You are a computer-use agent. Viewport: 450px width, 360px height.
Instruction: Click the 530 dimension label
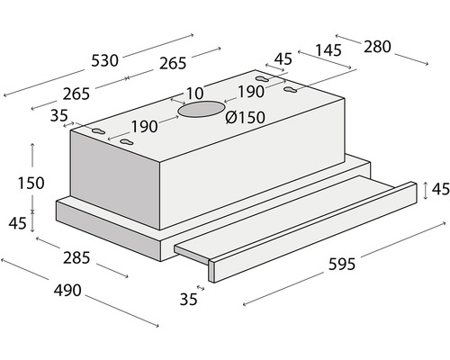click(104, 61)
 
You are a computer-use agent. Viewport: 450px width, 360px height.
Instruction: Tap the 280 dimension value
click(377, 47)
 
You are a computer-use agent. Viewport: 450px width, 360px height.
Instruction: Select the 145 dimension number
click(328, 50)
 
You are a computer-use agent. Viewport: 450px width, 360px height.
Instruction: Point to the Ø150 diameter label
click(245, 117)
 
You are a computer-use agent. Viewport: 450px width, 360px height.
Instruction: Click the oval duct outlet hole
click(201, 109)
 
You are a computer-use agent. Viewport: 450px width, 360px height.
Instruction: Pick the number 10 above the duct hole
click(195, 94)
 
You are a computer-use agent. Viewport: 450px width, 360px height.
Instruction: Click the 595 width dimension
click(342, 265)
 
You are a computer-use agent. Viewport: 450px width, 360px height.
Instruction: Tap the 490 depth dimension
click(67, 291)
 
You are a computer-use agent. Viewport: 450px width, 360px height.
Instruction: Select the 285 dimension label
click(76, 258)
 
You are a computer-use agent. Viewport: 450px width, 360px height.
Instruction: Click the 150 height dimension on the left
click(31, 184)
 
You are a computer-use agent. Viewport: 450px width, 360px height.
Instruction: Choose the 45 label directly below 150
click(17, 223)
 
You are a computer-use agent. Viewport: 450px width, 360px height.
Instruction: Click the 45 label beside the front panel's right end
click(441, 189)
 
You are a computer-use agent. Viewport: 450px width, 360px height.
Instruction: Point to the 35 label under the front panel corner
click(188, 300)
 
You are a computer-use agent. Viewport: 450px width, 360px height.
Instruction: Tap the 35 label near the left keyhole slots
click(59, 116)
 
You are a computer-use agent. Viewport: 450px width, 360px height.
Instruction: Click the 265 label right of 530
click(173, 64)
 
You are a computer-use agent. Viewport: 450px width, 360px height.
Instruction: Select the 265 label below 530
click(76, 94)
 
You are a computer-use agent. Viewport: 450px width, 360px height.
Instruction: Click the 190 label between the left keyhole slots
click(144, 127)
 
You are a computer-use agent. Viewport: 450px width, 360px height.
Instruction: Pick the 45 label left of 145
click(283, 59)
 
